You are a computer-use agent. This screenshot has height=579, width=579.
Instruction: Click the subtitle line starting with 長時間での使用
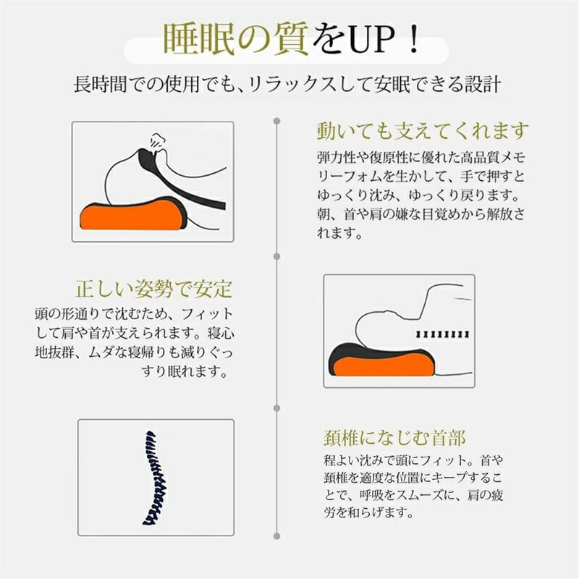[287, 85]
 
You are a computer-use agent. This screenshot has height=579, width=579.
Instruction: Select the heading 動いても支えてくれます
[423, 131]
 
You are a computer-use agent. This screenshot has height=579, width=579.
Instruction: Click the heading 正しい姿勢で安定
[154, 289]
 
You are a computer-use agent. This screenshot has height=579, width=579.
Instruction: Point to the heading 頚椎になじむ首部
[394, 438]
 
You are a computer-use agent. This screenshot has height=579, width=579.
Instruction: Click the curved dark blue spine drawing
[155, 478]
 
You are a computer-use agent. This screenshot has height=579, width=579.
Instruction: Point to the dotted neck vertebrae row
[443, 334]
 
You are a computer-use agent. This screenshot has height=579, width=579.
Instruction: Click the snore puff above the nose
[156, 141]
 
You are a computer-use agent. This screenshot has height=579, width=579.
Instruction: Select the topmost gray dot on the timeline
[276, 121]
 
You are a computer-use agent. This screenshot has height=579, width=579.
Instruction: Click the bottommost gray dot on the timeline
[276, 536]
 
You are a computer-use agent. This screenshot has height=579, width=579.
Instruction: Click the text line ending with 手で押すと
[421, 176]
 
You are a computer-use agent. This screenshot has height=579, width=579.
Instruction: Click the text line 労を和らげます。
[368, 512]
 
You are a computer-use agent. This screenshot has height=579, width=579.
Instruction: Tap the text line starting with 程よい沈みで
[413, 460]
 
